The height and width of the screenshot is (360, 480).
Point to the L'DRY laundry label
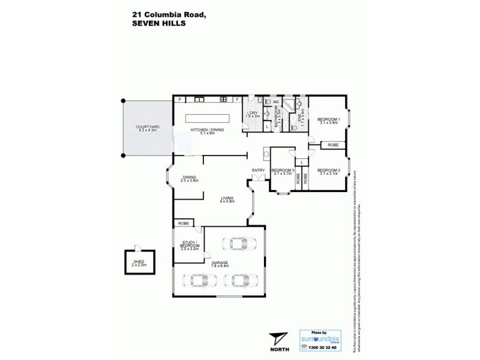coord(253,115)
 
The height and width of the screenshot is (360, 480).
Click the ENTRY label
coord(259,170)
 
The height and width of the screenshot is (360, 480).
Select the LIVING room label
coord(226,199)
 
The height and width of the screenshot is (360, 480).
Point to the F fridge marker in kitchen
coord(237,99)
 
